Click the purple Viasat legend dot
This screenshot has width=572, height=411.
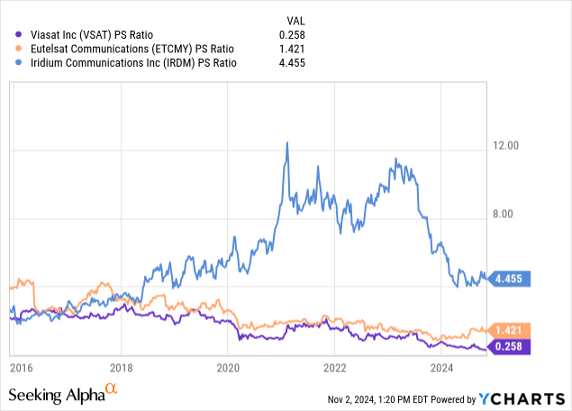tap(11, 34)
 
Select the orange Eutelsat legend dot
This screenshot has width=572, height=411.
tap(11, 48)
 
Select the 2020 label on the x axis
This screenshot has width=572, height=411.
tap(229, 367)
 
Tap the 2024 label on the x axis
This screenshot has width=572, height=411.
tap(442, 367)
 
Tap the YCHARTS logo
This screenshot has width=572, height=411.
tap(522, 398)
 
